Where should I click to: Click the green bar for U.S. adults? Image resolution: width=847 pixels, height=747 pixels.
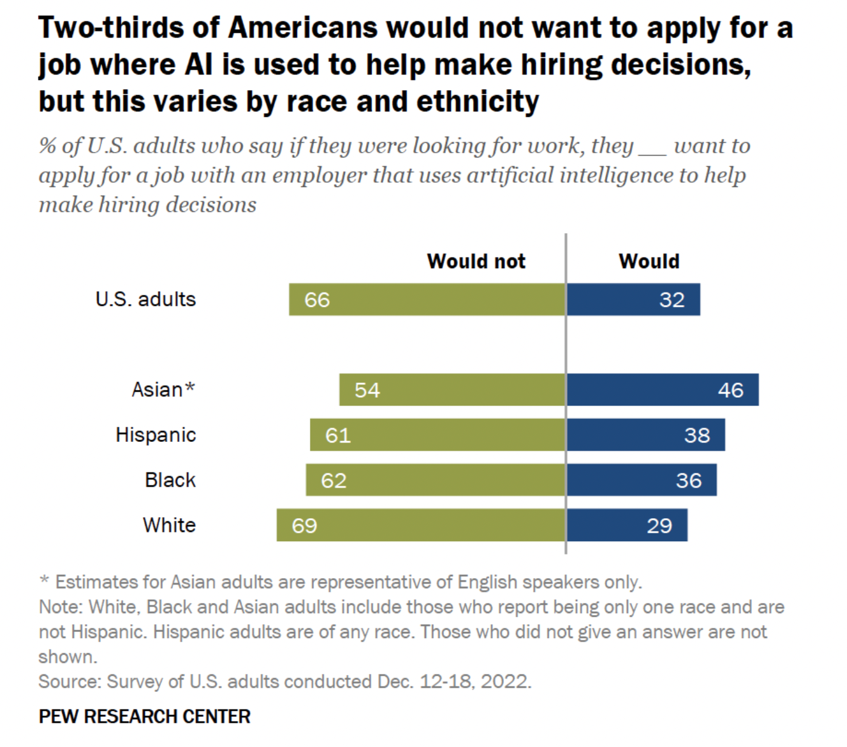tap(427, 299)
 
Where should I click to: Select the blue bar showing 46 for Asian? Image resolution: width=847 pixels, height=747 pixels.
tap(662, 389)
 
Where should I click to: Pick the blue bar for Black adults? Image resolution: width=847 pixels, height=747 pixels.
tap(641, 480)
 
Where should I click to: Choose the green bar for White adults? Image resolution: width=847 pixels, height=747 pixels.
tap(421, 525)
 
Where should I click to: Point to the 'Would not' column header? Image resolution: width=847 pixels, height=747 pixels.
tap(476, 261)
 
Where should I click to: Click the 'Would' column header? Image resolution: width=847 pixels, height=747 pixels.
tap(649, 261)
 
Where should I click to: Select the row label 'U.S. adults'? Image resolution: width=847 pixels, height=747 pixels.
tap(146, 299)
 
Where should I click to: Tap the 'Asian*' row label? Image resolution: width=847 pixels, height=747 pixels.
tap(163, 389)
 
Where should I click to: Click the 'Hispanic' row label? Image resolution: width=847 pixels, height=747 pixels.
tap(155, 435)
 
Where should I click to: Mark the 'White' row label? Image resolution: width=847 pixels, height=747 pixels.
tap(169, 525)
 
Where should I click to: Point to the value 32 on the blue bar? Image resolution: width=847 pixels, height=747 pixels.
tap(672, 300)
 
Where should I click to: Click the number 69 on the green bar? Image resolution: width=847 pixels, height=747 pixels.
tap(304, 525)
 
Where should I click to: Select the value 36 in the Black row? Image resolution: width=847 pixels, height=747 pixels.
tap(688, 481)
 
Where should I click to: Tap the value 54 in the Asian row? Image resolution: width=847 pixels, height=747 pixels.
tap(367, 390)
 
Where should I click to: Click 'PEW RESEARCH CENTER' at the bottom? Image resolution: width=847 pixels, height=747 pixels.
tap(145, 716)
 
